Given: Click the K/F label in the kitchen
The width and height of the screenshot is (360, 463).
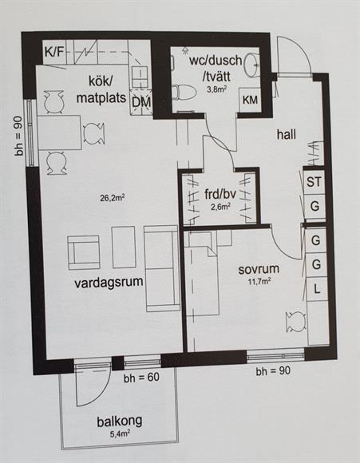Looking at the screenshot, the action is (54, 52).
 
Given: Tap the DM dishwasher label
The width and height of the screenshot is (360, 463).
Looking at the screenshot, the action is (141, 102).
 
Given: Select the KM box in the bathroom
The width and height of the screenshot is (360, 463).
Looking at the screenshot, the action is (250, 100).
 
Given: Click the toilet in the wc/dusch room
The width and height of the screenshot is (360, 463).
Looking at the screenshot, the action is (185, 92).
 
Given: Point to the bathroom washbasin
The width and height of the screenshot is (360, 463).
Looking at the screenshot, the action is (251, 65).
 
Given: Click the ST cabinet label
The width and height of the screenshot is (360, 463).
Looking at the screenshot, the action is (314, 182).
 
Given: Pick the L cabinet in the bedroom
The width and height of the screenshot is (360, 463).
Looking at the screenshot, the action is (317, 289).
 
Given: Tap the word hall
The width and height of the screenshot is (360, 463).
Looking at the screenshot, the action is (287, 135).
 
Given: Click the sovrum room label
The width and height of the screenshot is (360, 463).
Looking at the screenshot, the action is (259, 269).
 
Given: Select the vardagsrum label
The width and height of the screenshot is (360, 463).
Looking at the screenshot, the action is (109, 282).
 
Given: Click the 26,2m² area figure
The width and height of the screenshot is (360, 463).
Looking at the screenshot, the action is (112, 197).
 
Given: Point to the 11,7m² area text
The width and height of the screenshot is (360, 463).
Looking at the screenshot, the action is (259, 281).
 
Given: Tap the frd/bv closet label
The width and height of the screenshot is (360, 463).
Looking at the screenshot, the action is (220, 194).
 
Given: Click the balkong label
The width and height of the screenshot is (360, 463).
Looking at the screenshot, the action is (120, 421).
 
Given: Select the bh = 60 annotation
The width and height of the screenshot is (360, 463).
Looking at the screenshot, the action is (141, 378).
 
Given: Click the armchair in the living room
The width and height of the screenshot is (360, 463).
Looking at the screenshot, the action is (83, 252).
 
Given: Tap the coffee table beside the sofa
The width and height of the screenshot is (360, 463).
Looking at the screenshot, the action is (124, 247).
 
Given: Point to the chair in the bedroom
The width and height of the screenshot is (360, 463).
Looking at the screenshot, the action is (296, 323).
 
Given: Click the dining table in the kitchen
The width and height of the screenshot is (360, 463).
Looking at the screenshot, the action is (60, 133).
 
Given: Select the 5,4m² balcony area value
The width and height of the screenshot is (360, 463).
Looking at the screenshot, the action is (120, 433).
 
